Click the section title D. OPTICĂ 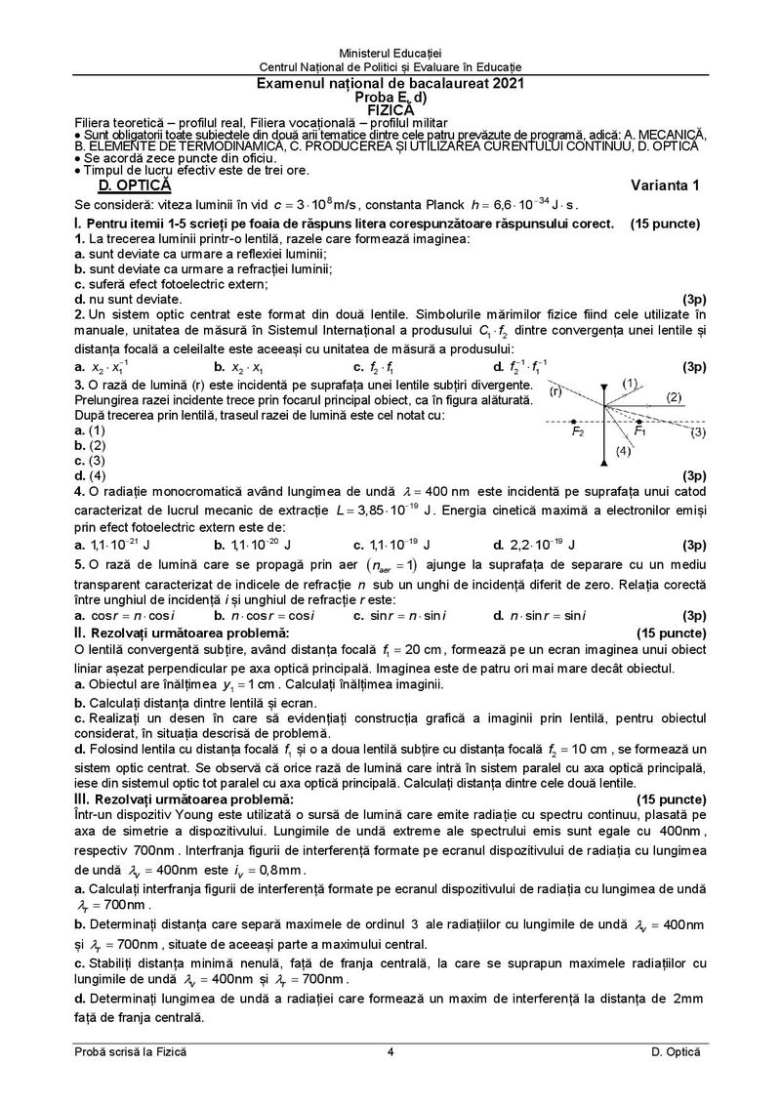click(x=128, y=185)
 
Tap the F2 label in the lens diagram click(x=578, y=430)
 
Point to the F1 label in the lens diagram click(x=639, y=430)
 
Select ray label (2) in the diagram click(x=674, y=396)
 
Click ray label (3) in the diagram click(x=697, y=431)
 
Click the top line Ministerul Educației click(x=390, y=50)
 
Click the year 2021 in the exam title click(x=507, y=84)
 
